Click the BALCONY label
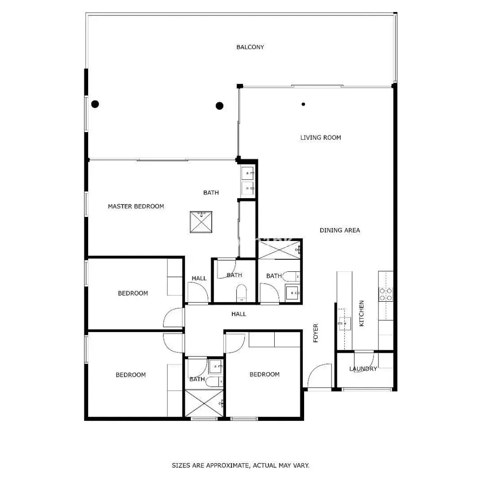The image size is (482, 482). tap(250, 47)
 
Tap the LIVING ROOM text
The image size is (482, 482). tap(321, 137)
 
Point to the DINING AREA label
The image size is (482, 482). tap(340, 230)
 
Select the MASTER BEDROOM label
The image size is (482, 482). tap(136, 206)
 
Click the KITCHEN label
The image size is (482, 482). tap(361, 313)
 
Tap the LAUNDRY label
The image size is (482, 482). tap(363, 369)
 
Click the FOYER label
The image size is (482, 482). tap(316, 333)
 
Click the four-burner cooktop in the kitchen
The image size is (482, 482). tap(386, 294)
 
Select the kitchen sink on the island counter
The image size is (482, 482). tap(345, 323)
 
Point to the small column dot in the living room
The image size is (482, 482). tap(303, 104)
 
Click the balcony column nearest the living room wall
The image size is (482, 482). tap(219, 106)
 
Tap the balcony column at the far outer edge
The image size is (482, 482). tap(95, 104)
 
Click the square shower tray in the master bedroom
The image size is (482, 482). tap(201, 222)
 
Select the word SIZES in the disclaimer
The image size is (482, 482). tap(181, 466)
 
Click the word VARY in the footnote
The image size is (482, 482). tap(302, 466)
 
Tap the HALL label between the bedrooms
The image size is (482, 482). tap(239, 314)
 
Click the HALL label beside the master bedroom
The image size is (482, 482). tap(199, 278)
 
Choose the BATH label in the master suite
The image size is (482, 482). tap(211, 193)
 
